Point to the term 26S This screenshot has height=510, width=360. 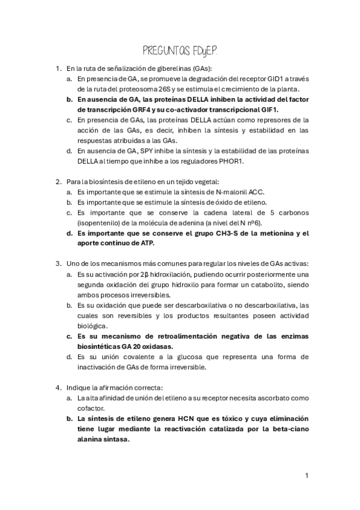(151, 89)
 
